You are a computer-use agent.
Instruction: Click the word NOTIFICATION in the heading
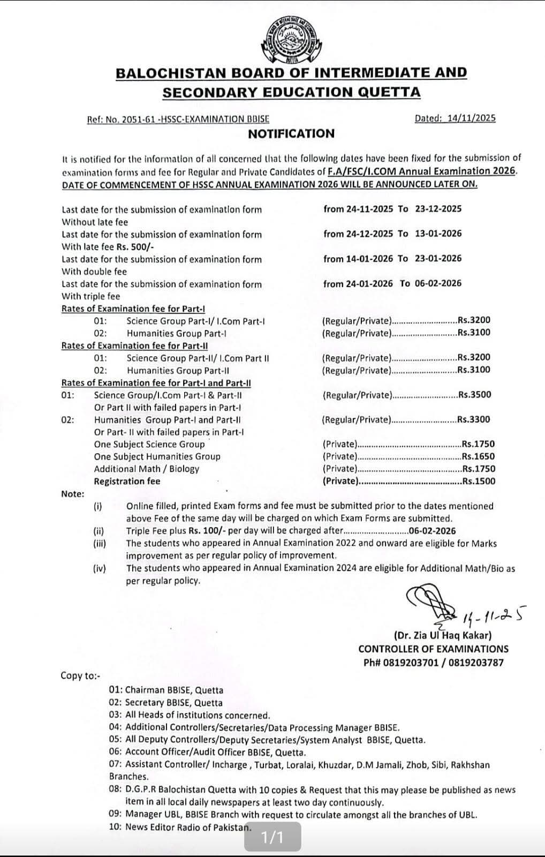point(291,134)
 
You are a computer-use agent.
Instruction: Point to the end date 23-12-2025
point(438,209)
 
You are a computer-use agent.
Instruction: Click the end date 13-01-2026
point(438,234)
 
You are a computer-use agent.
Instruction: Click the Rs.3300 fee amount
point(474,419)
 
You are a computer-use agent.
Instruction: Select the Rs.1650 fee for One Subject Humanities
point(478,456)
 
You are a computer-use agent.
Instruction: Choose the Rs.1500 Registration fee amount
point(478,481)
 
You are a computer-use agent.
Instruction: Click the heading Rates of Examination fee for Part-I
point(133,309)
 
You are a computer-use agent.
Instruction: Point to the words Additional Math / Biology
point(146,469)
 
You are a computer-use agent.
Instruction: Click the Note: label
point(73,494)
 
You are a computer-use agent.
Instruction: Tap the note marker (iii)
point(100,543)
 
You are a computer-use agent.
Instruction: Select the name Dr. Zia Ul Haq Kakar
point(443,636)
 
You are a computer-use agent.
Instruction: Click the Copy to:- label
point(80,675)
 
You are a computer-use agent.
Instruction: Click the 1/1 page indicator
point(272,837)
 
